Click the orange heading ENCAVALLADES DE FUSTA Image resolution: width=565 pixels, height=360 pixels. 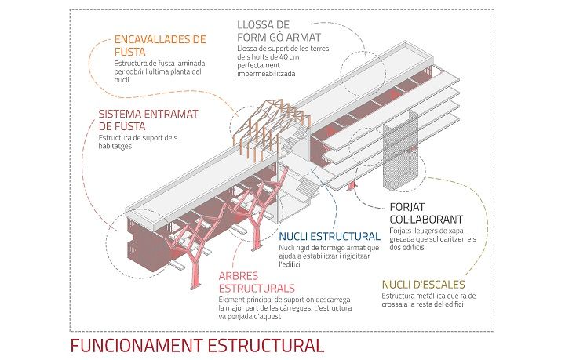[159, 45]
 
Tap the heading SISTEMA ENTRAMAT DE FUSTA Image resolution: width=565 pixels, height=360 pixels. [148, 119]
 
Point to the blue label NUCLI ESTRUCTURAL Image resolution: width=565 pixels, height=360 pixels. [329, 236]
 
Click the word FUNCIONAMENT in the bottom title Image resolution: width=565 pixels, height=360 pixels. [137, 344]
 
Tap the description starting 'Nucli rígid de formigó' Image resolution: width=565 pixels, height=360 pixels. [329, 256]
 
